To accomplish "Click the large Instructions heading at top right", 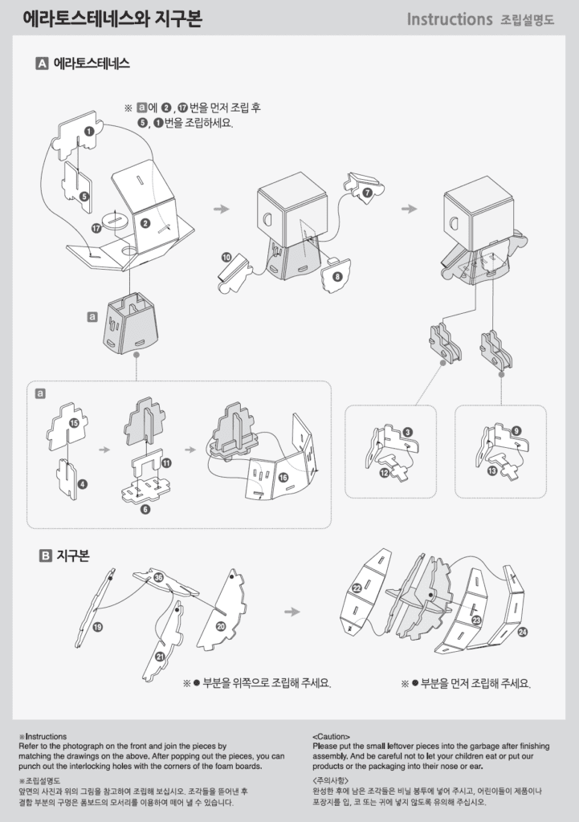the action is click(x=450, y=19).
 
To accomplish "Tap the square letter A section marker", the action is click(x=42, y=63).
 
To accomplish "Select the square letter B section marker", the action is click(x=46, y=555).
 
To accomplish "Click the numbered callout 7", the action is click(x=368, y=193).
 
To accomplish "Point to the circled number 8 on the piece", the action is click(x=336, y=276).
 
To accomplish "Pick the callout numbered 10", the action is click(x=226, y=258).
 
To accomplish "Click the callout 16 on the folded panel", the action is click(x=283, y=477).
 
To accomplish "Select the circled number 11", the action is click(x=166, y=463).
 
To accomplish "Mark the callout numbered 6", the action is click(x=145, y=509).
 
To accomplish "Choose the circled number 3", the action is click(x=407, y=433).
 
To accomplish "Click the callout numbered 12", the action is click(x=385, y=473).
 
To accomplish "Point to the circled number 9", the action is click(x=516, y=431).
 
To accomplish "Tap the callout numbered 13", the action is click(x=492, y=471).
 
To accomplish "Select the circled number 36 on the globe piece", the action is click(x=158, y=578).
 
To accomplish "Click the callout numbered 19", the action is click(x=97, y=627).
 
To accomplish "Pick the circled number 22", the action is click(x=357, y=588).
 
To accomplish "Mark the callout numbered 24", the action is click(x=522, y=633).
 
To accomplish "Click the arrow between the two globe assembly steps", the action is click(x=292, y=612).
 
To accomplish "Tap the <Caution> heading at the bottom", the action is click(x=331, y=737).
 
